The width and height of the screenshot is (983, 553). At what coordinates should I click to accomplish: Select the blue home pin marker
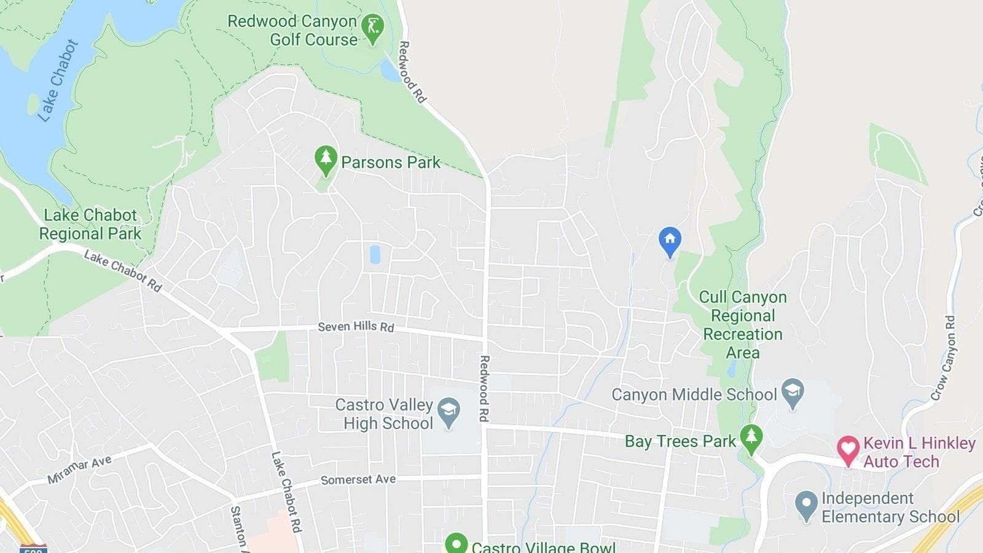click(670, 241)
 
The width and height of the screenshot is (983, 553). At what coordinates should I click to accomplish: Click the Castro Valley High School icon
click(449, 413)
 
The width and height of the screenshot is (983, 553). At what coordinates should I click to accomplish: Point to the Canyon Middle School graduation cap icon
click(793, 393)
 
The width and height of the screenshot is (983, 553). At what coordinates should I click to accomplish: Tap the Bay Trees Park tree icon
click(751, 439)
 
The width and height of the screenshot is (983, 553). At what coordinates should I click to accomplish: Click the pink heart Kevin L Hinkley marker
click(848, 450)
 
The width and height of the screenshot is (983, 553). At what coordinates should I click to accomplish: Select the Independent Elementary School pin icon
click(805, 505)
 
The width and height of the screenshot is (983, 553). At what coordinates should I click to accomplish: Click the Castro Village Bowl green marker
click(456, 544)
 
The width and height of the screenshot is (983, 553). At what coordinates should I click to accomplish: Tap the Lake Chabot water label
click(58, 80)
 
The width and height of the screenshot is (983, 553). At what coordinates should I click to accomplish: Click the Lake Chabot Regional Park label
click(90, 224)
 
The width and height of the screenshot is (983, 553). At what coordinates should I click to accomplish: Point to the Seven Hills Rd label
click(356, 326)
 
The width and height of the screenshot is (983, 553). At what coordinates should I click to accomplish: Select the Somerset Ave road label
click(358, 479)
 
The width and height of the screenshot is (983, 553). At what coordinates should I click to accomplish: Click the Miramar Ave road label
click(79, 470)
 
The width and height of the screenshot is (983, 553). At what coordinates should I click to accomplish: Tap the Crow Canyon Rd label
click(944, 358)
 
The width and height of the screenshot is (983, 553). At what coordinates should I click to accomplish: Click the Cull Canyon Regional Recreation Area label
click(743, 324)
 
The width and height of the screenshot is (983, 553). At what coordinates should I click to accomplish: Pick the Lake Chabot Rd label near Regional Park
click(123, 271)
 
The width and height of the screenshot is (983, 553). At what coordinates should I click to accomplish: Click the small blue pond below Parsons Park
click(375, 254)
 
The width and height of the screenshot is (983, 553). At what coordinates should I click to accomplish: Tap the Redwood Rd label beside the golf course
click(412, 72)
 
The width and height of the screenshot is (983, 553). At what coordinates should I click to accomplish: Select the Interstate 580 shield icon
click(33, 548)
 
